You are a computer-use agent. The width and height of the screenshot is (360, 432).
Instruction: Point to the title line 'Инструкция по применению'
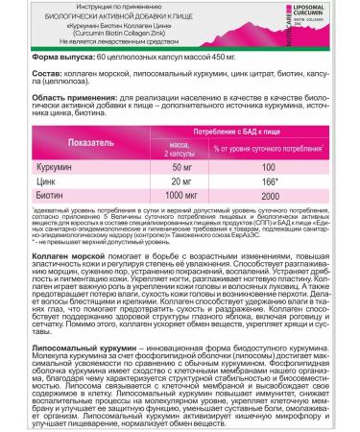134,8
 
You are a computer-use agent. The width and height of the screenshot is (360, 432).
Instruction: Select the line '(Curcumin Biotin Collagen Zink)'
134,39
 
